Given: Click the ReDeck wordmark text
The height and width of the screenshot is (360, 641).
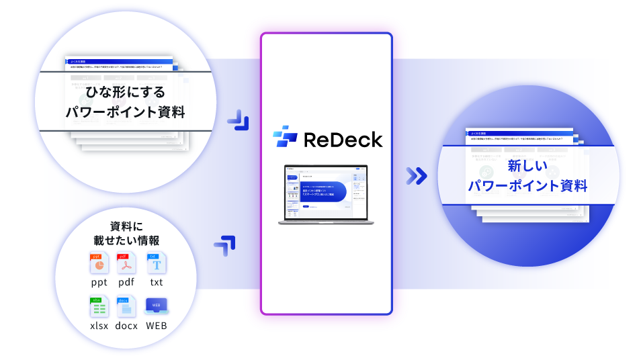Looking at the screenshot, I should tap(343, 139).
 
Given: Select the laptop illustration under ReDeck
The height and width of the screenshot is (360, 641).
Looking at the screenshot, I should tap(325, 194).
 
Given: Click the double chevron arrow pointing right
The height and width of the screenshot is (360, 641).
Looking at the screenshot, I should tap(417, 176).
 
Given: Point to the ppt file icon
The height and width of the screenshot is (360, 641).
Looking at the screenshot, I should tap(99, 264).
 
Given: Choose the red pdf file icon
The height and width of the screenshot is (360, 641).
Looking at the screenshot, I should tap(127, 264).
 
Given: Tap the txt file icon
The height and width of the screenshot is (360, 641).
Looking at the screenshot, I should tap(157, 264).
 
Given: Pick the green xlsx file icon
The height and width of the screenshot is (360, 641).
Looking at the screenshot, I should tap(99, 307).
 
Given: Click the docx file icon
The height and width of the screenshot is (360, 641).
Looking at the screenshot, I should tap(126, 307).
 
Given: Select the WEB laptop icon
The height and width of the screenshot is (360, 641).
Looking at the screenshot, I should tap(156, 307).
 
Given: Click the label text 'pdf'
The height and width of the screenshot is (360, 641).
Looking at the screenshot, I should tap(127, 282).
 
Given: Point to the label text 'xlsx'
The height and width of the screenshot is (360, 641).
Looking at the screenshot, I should tap(99, 326).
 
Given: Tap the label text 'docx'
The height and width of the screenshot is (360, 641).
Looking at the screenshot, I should tap(126, 326).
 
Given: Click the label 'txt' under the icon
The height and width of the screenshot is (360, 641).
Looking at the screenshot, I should tap(157, 282).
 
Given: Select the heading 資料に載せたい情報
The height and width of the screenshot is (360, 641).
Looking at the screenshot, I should tap(126, 232).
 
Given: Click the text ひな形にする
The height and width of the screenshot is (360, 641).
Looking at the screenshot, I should tap(125, 91).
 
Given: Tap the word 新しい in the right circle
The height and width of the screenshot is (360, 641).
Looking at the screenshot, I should tap(527, 165).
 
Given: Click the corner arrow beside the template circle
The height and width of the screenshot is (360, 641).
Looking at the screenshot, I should tap(239, 120).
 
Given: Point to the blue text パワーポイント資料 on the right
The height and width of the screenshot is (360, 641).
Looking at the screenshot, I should tap(527, 186).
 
